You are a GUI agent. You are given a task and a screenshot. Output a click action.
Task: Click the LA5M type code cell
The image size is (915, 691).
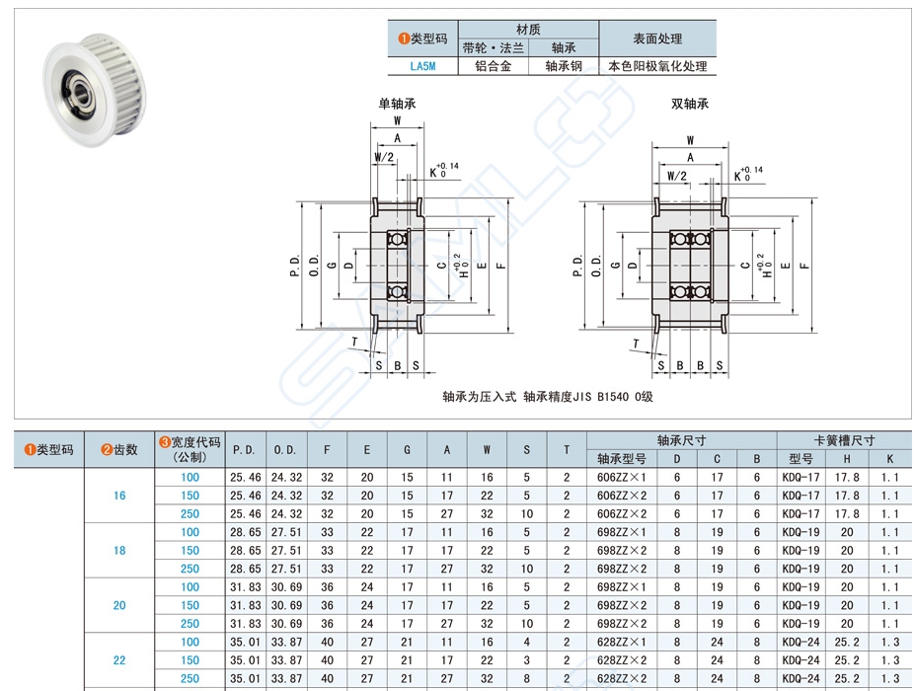coord(421,67)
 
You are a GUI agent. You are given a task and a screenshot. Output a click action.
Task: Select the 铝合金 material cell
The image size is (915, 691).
coord(493,67)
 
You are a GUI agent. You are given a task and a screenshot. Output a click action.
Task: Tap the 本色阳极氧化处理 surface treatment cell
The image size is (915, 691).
coord(657,67)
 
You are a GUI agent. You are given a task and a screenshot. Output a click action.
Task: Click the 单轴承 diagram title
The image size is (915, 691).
coord(397,103)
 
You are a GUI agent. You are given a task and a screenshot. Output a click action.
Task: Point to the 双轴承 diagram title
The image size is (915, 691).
coord(690,103)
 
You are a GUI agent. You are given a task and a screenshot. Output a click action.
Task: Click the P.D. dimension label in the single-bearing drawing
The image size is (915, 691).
coord(296,266)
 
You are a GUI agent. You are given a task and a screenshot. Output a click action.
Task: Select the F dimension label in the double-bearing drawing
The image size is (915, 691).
coord(806,266)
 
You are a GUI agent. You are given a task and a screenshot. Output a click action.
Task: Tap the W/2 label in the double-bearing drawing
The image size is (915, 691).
coord(676,177)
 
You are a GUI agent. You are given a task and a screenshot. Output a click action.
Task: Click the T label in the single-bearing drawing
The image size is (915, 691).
coord(355,341)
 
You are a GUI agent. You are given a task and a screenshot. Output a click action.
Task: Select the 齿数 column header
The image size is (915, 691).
coord(119,449)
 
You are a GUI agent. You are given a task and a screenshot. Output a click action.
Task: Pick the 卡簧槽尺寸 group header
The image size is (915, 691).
coord(844,440)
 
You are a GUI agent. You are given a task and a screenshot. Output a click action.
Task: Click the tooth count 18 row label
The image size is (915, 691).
coord(119,550)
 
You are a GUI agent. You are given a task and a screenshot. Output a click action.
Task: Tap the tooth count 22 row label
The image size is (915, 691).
coord(119,660)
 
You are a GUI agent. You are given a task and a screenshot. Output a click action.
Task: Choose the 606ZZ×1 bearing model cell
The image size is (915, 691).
coord(622,477)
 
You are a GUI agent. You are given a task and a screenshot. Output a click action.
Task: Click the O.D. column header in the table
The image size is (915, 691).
coord(285,449)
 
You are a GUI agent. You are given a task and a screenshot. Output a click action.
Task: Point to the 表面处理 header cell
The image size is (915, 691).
coord(657,38)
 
